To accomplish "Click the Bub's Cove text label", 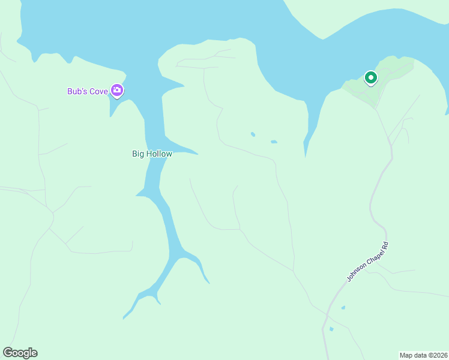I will [x=88, y=92].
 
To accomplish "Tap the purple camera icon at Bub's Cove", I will [x=117, y=91].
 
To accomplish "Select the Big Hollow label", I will [x=152, y=154].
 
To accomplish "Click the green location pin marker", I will [x=371, y=78].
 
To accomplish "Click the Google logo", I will [x=20, y=353].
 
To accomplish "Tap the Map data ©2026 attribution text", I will [x=423, y=355].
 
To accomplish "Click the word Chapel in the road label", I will [x=367, y=260].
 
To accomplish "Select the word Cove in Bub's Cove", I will [x=99, y=92].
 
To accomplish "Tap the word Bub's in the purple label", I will [x=77, y=92].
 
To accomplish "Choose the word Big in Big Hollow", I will [x=138, y=154].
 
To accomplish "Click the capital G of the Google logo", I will [x=8, y=353].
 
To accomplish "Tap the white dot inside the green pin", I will [x=371, y=77].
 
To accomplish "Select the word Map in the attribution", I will [x=406, y=355].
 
